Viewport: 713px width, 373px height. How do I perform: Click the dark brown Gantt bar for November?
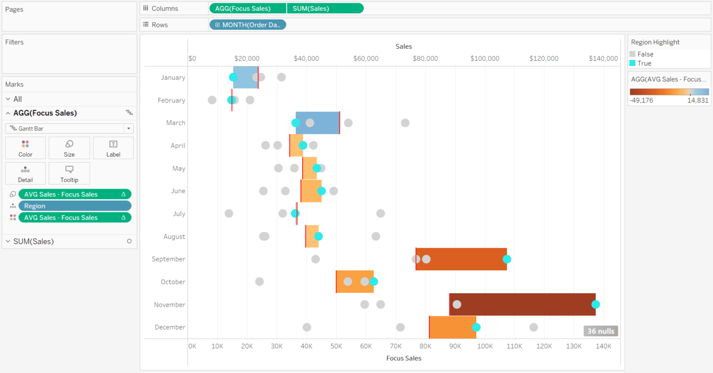click(x=522, y=304)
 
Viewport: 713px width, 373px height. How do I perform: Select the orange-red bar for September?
click(x=461, y=259)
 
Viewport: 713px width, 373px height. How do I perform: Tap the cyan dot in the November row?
click(x=596, y=304)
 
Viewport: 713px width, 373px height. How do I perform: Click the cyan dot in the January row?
click(x=233, y=78)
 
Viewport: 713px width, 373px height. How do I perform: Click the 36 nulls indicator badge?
click(x=601, y=331)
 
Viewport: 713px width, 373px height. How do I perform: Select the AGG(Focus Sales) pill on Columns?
click(x=247, y=8)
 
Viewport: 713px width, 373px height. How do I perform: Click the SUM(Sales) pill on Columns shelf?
click(x=325, y=8)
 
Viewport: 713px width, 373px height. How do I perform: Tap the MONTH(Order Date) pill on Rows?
click(x=248, y=25)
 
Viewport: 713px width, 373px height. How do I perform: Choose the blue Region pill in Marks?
click(x=75, y=206)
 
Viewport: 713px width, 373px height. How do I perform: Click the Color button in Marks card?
click(x=26, y=148)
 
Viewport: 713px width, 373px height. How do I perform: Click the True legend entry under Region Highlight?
click(x=644, y=63)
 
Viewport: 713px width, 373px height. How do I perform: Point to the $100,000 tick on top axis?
click(x=485, y=59)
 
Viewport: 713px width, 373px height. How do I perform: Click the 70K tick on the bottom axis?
click(x=395, y=346)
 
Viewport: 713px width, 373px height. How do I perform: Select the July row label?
click(x=179, y=214)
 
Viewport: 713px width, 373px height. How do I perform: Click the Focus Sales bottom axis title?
click(x=403, y=358)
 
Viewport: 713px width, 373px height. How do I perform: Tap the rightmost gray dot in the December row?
click(x=534, y=327)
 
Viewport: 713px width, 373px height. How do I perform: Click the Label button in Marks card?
click(x=113, y=148)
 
